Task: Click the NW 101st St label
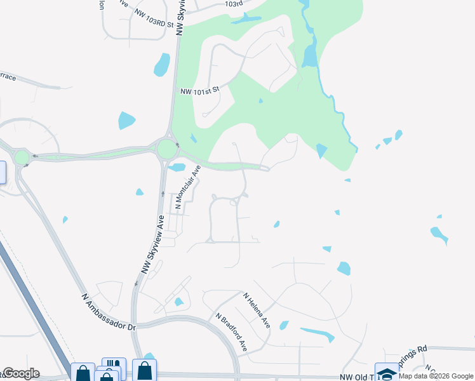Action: click(199, 90)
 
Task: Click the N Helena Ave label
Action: click(257, 310)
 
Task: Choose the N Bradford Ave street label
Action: click(231, 332)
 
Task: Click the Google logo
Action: click(20, 373)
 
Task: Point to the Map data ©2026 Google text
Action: click(436, 376)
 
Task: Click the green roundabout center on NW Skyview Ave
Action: click(166, 149)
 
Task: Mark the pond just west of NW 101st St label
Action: click(162, 64)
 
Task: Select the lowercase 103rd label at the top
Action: click(234, 4)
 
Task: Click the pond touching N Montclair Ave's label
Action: click(177, 168)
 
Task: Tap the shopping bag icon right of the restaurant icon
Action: click(144, 370)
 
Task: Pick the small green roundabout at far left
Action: click(22, 157)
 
